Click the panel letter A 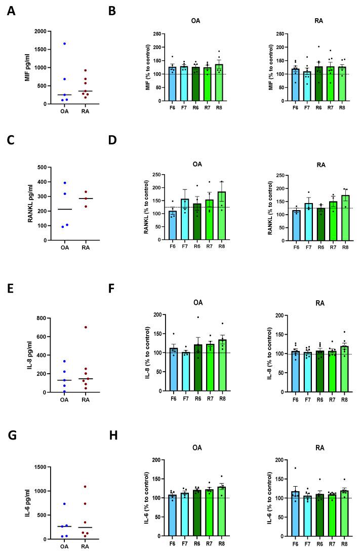(11, 10)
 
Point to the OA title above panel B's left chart (195, 21)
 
